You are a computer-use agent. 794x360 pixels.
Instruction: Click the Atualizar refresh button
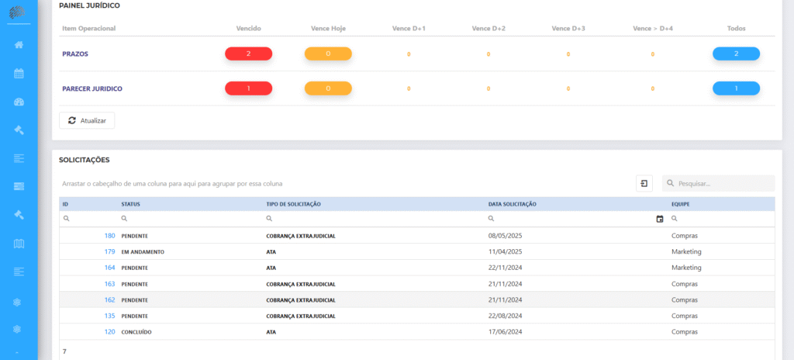(87, 121)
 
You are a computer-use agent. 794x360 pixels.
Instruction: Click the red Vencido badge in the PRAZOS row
(249, 54)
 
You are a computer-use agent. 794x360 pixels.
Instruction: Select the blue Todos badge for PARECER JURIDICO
(737, 88)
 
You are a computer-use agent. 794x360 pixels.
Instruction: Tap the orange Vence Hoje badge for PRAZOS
(328, 54)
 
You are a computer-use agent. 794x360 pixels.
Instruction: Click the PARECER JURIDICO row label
(92, 88)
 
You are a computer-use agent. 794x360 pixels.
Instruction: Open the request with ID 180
(110, 236)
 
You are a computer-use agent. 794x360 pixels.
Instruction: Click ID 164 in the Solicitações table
(110, 267)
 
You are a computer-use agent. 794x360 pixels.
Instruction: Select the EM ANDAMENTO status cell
(143, 252)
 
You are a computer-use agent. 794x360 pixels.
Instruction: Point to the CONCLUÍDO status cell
(136, 332)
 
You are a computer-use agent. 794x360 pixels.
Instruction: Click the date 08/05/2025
(506, 236)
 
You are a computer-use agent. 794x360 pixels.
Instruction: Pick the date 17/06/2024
(506, 332)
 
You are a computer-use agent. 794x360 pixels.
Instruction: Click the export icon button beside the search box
(644, 183)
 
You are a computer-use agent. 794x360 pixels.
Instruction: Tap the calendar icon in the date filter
(660, 219)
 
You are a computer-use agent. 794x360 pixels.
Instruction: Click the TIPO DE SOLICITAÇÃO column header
(294, 204)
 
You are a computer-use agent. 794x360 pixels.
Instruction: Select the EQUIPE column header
(681, 204)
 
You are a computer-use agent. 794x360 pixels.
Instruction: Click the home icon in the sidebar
(19, 45)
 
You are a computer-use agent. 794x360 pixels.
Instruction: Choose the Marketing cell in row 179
(686, 251)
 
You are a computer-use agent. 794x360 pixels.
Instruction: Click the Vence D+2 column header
(488, 29)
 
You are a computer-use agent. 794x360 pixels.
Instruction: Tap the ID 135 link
(110, 316)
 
